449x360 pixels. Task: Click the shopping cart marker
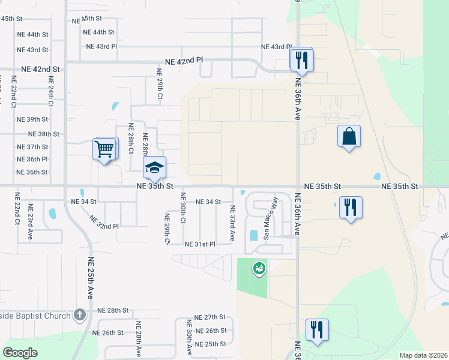(104, 149)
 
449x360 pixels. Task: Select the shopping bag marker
(349, 136)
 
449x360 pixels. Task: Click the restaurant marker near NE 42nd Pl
(300, 59)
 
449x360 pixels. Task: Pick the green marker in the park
(259, 269)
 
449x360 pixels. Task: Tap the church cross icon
(80, 314)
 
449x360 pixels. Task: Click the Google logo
(20, 353)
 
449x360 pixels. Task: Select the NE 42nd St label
(40, 70)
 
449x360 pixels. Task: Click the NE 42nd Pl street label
(184, 61)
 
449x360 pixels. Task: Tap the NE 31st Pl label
(200, 244)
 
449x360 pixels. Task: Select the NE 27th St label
(209, 317)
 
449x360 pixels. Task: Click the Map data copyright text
(424, 355)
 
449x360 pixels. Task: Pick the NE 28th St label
(113, 310)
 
